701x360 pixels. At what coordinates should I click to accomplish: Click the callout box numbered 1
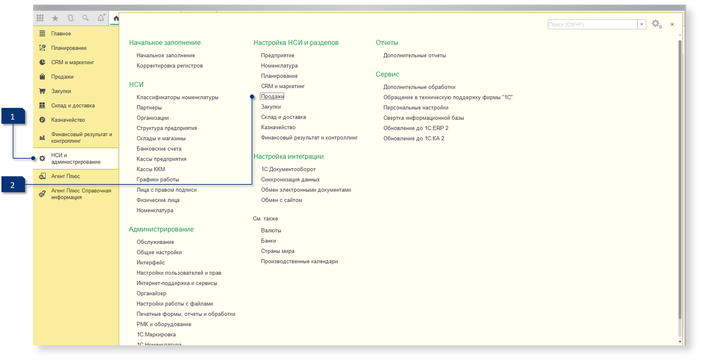pos(13,116)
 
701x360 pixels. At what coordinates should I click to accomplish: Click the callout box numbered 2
pos(13,185)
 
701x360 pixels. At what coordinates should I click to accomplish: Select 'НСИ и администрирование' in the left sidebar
pos(76,159)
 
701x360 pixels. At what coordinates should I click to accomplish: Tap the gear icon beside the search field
pos(657,24)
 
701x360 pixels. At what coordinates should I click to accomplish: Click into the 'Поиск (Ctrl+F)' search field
pos(592,24)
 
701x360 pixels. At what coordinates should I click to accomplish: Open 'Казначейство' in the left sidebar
pos(68,120)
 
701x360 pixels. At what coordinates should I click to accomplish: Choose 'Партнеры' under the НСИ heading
pos(149,108)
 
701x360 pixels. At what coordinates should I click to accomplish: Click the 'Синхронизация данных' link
pos(290,179)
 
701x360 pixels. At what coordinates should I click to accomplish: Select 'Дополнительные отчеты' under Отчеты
pos(414,55)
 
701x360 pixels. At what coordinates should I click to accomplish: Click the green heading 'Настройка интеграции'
pos(289,157)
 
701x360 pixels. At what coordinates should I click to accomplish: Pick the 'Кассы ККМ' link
pos(151,169)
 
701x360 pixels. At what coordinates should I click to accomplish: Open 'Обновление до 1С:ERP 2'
pos(416,128)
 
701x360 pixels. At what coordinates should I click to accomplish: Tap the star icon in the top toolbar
pos(55,18)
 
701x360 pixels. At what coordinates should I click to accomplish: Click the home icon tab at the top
pos(116,18)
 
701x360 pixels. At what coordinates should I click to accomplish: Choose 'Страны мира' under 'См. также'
pos(278,251)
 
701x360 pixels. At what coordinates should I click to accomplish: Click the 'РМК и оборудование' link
pos(164,324)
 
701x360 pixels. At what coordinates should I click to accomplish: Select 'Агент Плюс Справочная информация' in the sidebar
pos(81,194)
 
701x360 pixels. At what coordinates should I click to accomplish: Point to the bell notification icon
pos(101,18)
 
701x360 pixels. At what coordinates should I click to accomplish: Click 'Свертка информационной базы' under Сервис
pos(424,118)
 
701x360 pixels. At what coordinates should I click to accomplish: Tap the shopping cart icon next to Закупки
pos(42,91)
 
